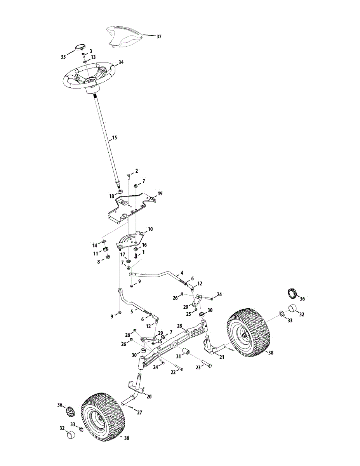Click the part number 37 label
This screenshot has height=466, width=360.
[159, 37]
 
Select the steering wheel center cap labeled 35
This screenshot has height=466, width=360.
[80, 47]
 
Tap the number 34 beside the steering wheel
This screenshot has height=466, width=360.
[121, 62]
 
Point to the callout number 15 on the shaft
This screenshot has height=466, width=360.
[114, 137]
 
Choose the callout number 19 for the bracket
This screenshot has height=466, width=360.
[160, 193]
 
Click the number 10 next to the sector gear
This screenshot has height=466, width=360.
[150, 230]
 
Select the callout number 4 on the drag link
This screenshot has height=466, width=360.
[182, 273]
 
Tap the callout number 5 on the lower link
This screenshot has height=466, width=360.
[132, 311]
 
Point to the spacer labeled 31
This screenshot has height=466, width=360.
[186, 352]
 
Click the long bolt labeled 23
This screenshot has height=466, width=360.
[206, 365]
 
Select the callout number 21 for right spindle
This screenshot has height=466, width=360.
[222, 357]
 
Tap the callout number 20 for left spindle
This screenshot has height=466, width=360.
[149, 396]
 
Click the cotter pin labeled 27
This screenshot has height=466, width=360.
[130, 407]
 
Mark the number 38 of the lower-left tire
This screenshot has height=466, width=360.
[126, 438]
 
